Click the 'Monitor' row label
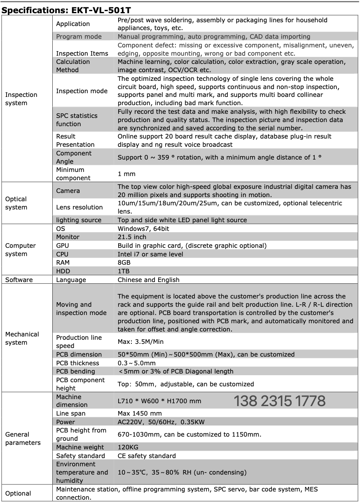coord(68,237)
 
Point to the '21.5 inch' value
coord(132,237)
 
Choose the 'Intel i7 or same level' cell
coord(150,254)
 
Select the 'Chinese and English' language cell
coord(148,280)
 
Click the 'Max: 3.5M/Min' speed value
coord(143,342)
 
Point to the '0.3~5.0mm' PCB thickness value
coord(137,363)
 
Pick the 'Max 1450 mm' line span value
coord(140,414)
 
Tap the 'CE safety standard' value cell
coord(147,456)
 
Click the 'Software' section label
coord(19,280)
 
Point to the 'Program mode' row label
coord(79,37)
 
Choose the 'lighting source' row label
coord(79,220)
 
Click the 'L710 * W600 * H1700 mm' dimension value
coord(159,401)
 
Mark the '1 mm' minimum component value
coord(126,174)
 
